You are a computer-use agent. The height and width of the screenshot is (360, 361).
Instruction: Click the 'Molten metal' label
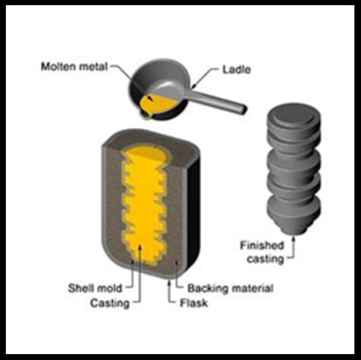pyautogui.click(x=74, y=67)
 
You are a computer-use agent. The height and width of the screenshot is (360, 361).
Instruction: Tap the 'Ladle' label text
pyautogui.click(x=237, y=70)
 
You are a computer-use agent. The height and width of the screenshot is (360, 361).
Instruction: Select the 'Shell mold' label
pyautogui.click(x=95, y=288)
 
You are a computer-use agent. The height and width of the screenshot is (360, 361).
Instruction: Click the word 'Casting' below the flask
pyautogui.click(x=110, y=304)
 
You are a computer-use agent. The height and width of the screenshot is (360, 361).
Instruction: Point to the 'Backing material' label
pyautogui.click(x=230, y=288)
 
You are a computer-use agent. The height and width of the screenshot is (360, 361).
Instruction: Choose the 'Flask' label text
pyautogui.click(x=194, y=303)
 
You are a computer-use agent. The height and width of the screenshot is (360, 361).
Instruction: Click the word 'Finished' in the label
pyautogui.click(x=262, y=245)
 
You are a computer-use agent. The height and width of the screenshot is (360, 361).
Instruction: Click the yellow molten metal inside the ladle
pyautogui.click(x=156, y=105)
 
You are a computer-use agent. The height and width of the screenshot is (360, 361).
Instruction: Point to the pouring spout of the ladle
pyautogui.click(x=145, y=116)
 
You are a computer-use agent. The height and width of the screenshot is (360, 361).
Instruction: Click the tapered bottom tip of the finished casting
pyautogui.click(x=294, y=229)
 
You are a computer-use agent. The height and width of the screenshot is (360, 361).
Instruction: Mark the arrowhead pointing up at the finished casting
pyautogui.click(x=294, y=239)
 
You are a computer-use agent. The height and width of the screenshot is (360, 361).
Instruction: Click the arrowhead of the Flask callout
pyautogui.click(x=169, y=282)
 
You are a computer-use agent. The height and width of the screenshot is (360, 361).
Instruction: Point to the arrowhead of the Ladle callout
pyautogui.click(x=194, y=86)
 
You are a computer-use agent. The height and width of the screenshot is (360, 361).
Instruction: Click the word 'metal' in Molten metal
pyautogui.click(x=94, y=67)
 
